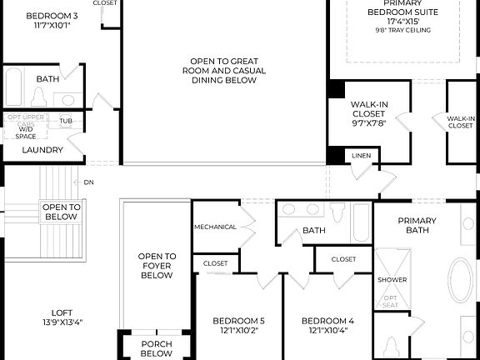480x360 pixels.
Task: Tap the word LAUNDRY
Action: (x=42, y=150)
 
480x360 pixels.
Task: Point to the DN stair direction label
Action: (x=87, y=182)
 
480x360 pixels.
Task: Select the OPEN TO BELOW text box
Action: (x=61, y=212)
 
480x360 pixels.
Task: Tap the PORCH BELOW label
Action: (x=156, y=347)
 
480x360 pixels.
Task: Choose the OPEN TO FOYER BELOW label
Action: (x=157, y=266)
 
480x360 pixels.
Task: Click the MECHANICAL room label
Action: (x=215, y=227)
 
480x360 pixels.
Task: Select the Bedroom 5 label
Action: (x=238, y=326)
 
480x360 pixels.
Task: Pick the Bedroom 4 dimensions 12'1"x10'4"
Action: (x=327, y=331)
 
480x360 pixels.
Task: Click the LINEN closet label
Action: (x=361, y=156)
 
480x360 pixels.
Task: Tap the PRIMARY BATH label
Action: (x=417, y=226)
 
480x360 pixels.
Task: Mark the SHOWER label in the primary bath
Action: (x=392, y=279)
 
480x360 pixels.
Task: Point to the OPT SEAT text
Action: (x=390, y=301)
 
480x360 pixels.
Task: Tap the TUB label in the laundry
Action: (x=65, y=121)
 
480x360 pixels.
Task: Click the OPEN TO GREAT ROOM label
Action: (x=223, y=71)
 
